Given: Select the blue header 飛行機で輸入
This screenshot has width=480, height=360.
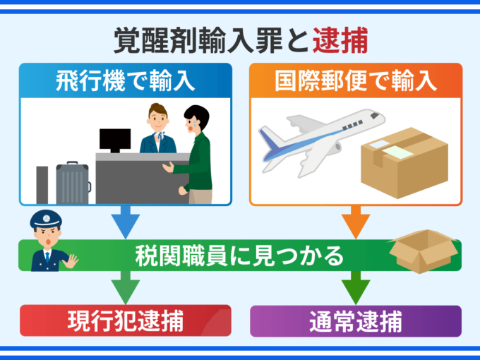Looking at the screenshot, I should tap(124, 80).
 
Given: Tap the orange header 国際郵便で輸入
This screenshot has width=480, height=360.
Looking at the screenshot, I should tap(356, 80).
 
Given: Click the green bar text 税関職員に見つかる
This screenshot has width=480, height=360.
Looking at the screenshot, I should tap(239, 255).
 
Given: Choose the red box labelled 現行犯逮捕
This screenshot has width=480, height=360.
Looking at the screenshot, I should tap(125, 320).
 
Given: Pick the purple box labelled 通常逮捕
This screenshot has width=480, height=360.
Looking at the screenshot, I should tap(356, 320).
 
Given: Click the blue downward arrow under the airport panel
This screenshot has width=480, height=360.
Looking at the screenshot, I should tap(124, 222).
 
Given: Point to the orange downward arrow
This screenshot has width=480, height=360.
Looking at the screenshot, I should tap(356, 222).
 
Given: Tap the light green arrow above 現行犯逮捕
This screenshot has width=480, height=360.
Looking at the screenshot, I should tap(124, 288).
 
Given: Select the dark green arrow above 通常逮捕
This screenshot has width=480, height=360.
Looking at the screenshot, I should tap(356, 288).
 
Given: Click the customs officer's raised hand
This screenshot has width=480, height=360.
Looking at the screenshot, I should tap(71, 261).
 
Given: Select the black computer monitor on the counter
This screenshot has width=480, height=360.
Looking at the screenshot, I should tap(114, 140).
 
